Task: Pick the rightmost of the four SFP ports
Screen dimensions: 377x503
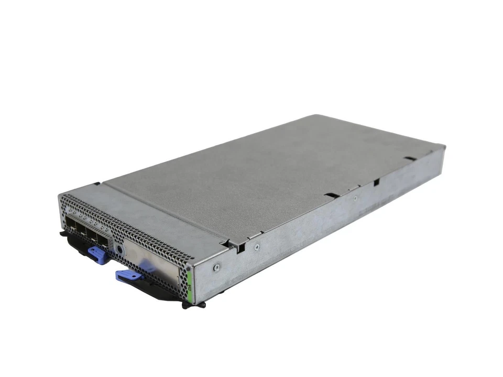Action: (105, 240)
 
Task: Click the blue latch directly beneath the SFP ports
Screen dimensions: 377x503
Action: (97, 255)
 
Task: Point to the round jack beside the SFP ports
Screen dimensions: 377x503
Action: (119, 249)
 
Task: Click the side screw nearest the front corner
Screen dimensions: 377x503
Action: (215, 266)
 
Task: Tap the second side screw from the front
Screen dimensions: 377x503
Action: (257, 246)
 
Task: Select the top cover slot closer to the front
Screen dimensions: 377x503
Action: (331, 196)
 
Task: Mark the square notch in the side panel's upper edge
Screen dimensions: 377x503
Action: (376, 182)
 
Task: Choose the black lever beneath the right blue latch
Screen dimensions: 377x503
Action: (157, 291)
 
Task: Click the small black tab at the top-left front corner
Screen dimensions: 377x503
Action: (97, 184)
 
